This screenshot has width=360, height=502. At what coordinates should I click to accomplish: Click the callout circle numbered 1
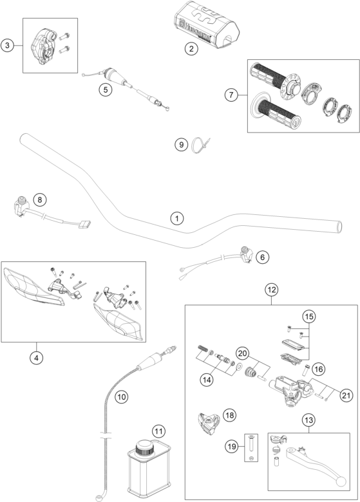point(177,219)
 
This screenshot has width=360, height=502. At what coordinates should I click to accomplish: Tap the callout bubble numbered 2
point(191,49)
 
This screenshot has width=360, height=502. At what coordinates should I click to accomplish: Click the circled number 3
point(7,46)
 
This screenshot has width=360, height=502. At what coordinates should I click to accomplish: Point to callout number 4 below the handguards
point(36,358)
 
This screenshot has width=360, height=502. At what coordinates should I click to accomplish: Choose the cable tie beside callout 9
point(200,145)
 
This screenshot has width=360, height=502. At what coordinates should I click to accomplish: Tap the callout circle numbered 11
point(158,431)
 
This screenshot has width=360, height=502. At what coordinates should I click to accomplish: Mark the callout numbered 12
point(271,290)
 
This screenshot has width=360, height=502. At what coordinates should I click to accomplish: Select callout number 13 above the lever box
point(308,420)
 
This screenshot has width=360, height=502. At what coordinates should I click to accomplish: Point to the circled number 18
point(229,415)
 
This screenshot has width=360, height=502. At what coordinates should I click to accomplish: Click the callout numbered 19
point(232,447)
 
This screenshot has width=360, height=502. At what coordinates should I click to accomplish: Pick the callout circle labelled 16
point(318,369)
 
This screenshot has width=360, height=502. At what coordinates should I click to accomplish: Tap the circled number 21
point(346,395)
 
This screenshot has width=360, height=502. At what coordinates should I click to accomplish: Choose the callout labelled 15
point(308,317)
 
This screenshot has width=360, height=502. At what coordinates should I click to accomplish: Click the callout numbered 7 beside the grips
point(231,95)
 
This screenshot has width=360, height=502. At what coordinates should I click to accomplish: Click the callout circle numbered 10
point(121,397)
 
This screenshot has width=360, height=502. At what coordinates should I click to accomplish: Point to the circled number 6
point(263,257)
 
